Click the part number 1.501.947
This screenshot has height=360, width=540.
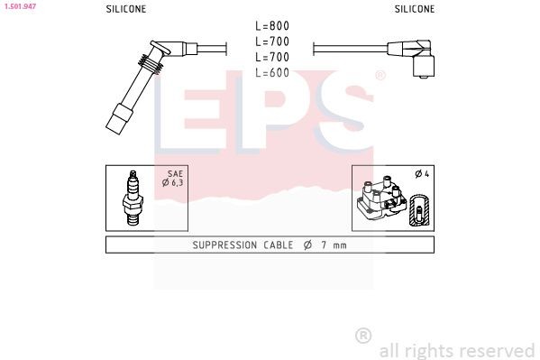coord(19,6)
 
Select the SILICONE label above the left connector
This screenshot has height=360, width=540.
coord(126,9)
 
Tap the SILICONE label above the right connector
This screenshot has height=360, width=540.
coord(414,9)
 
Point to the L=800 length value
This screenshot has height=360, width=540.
coord(271,26)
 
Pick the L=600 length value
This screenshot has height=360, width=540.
coord(271,73)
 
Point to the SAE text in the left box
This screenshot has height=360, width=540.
coord(174,173)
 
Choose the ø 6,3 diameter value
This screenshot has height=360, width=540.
coord(172,184)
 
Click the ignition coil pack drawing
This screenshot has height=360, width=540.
coord(381,200)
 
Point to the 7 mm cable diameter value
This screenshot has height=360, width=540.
coord(333,245)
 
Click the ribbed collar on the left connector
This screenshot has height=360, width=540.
coord(151,64)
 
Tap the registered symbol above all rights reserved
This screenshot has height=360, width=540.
coord(362,335)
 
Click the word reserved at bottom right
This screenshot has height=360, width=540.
coord(495,350)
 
